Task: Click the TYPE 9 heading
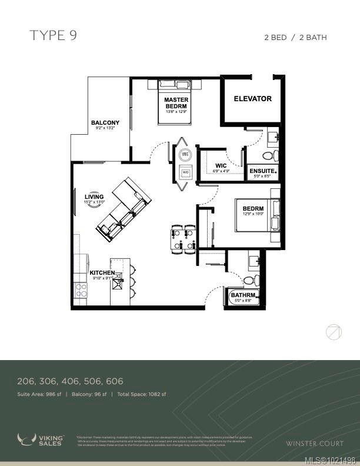(53, 36)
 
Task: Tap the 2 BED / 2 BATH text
(295, 38)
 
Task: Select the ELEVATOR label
(252, 99)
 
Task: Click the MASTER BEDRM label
(176, 103)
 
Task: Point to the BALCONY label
(105, 123)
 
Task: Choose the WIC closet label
(221, 165)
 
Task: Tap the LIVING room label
(94, 197)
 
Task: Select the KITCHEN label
(101, 273)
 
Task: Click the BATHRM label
(242, 295)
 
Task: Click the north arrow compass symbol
(334, 332)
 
